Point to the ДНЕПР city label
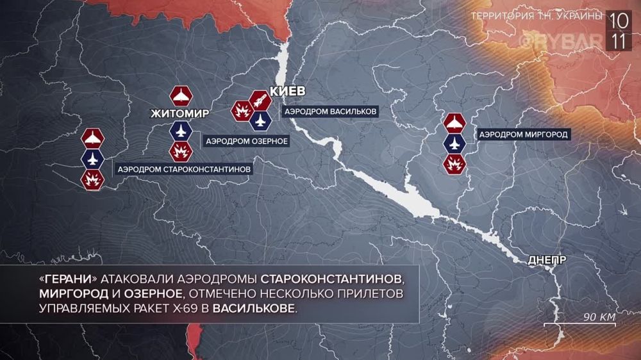click(x=547, y=260)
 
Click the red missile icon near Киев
click(x=259, y=101)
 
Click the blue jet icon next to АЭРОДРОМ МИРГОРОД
click(x=454, y=143)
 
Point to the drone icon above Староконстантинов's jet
click(x=92, y=138)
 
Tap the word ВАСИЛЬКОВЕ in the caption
click(x=254, y=309)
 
